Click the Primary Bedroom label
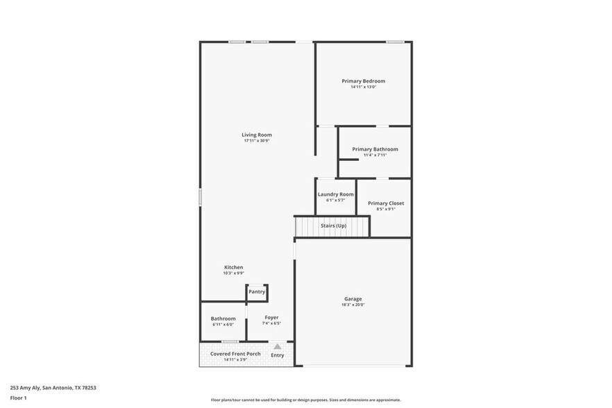[x=363, y=81]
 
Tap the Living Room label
[x=257, y=135]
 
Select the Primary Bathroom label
[x=375, y=149]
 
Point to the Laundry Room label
[x=336, y=194]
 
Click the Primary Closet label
[x=386, y=203]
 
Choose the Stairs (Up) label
[x=333, y=226]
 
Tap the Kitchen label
[x=233, y=267]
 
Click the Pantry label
[x=257, y=291]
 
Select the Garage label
[x=352, y=299]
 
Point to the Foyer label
[x=271, y=317]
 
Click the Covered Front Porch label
[x=235, y=354]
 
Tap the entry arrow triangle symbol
[x=278, y=346]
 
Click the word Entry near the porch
[x=278, y=355]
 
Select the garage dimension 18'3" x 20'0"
[x=352, y=305]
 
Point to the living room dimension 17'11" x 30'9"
[x=257, y=141]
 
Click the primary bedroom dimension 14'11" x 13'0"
[x=363, y=87]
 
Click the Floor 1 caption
[x=18, y=398]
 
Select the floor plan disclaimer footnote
[x=305, y=400]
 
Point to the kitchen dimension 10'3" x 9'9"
[x=233, y=273]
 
